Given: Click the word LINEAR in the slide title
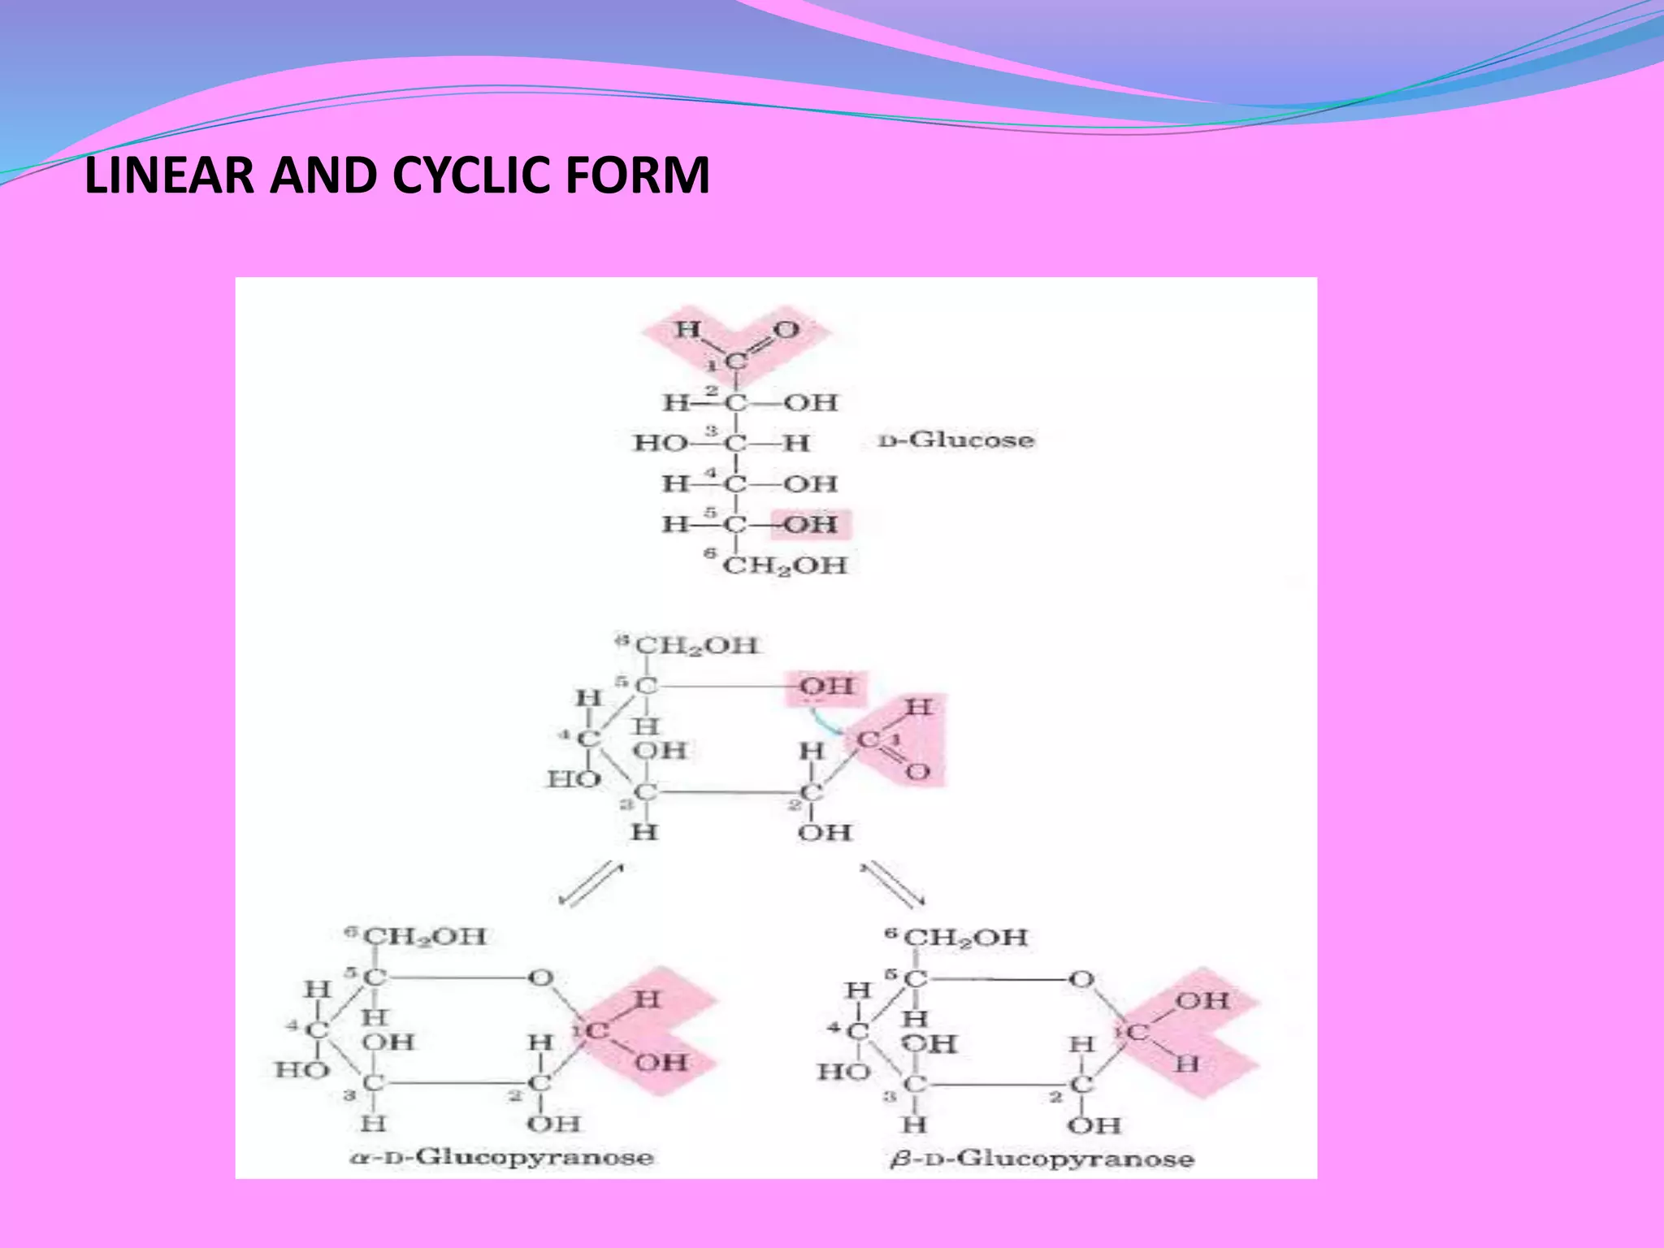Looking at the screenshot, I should click(170, 175).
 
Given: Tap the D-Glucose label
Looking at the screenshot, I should click(956, 440).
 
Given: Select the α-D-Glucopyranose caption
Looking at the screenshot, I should click(501, 1156).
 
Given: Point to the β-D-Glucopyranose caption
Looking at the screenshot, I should click(1042, 1158).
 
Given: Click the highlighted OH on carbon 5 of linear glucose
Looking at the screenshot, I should click(810, 525).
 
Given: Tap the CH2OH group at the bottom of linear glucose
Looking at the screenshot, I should click(784, 565).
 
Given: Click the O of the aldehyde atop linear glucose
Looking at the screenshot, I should click(786, 330).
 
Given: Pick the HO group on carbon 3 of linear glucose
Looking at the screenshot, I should click(660, 444).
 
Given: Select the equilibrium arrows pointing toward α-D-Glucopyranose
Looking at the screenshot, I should click(591, 884).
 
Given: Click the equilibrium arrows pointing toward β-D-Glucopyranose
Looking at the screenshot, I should click(892, 884).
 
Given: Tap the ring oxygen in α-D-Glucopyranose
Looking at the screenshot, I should click(541, 978).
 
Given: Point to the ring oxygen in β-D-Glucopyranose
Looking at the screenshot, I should click(1081, 980).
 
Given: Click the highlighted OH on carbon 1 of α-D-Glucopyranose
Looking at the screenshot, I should click(661, 1062).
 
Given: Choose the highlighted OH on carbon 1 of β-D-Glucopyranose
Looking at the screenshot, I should click(1202, 1001).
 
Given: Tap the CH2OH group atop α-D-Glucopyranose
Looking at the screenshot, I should click(424, 936).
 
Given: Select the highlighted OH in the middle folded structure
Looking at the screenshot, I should click(826, 687).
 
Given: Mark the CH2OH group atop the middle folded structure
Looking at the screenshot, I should click(695, 646).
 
